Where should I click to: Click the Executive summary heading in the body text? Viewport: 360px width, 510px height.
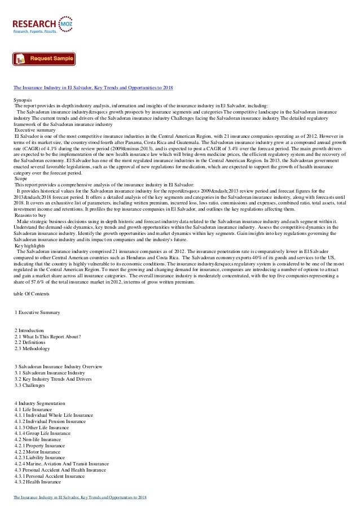36,130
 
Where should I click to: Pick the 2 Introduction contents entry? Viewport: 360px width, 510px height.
33,329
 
